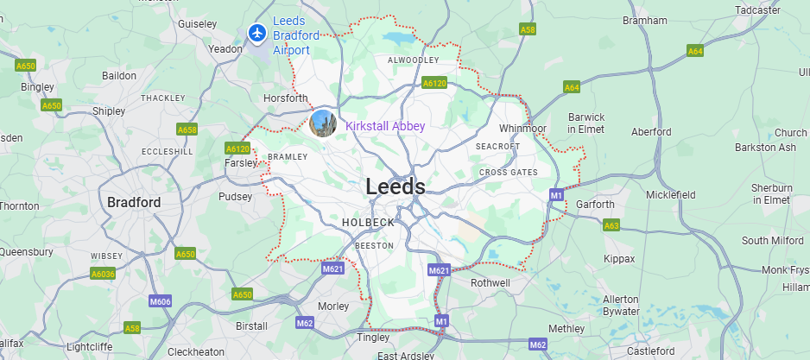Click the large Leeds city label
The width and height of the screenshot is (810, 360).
point(396,186)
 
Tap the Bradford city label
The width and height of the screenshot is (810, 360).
point(134,202)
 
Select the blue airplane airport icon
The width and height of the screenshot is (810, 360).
point(256,33)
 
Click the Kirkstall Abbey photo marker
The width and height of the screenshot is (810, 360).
point(323,123)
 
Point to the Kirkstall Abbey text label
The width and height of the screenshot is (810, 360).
point(385,126)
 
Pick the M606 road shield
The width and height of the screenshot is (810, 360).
point(161,301)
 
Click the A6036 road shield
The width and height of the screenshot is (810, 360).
point(103,274)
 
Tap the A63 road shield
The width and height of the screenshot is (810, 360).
point(611,226)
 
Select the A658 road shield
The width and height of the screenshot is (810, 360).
point(187,129)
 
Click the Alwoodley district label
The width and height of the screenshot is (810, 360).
point(414,60)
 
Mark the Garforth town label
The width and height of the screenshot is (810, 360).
point(595,205)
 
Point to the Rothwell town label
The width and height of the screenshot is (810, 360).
point(490,282)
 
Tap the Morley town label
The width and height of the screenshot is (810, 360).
point(333,306)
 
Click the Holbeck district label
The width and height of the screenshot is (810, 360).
point(368,223)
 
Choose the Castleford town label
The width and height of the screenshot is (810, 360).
point(650,351)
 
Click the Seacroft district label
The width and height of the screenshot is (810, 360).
point(498,147)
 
